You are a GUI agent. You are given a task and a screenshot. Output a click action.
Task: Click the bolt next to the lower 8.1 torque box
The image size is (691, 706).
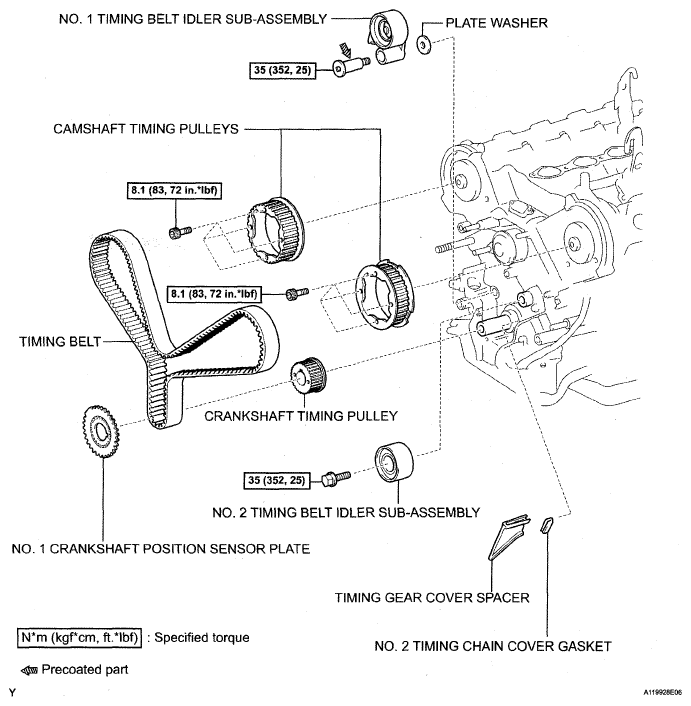294,293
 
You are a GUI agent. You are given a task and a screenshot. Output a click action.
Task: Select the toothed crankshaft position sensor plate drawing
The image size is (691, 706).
97,433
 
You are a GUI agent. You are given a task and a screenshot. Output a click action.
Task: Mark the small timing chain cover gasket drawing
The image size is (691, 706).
546,527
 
